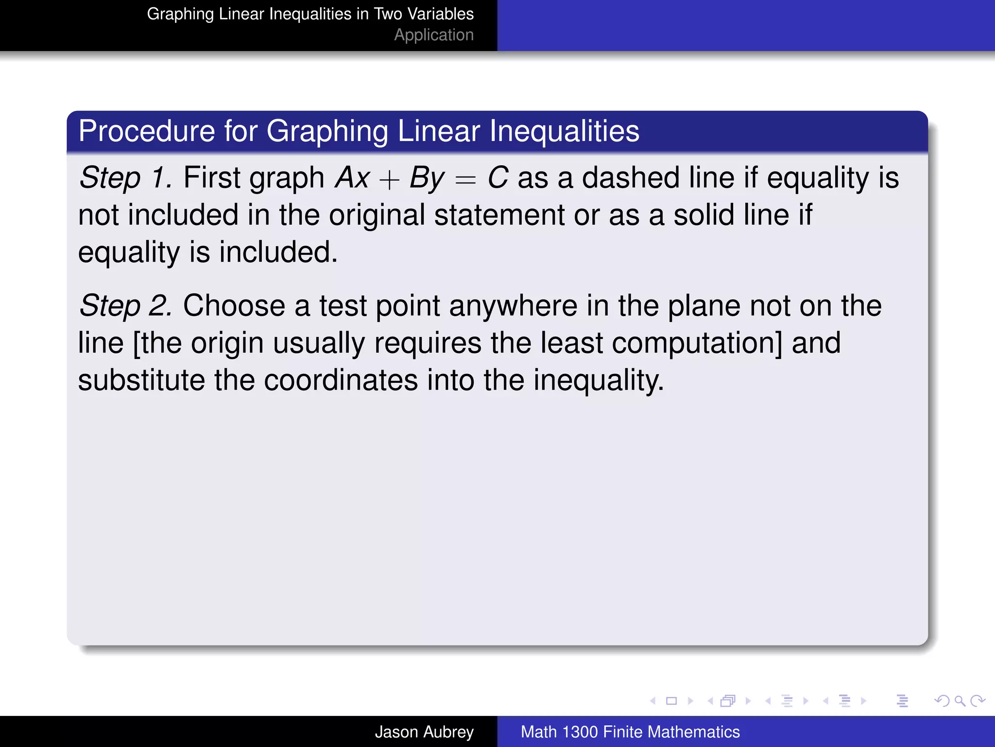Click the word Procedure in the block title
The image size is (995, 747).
coord(146,131)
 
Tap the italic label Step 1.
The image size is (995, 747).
coord(125,178)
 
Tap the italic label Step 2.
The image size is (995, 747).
coord(125,306)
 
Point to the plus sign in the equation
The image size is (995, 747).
coord(389,180)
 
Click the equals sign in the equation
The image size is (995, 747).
coord(465,180)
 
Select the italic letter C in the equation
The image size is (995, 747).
coord(497,178)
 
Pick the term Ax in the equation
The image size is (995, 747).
coord(352,178)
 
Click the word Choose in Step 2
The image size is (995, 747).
coord(234,306)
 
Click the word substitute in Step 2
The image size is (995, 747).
coord(141,381)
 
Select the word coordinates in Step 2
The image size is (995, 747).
coord(341,381)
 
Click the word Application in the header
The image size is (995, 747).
coord(433,35)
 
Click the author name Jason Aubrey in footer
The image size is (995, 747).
coord(424,732)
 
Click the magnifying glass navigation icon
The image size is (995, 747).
coord(960,701)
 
